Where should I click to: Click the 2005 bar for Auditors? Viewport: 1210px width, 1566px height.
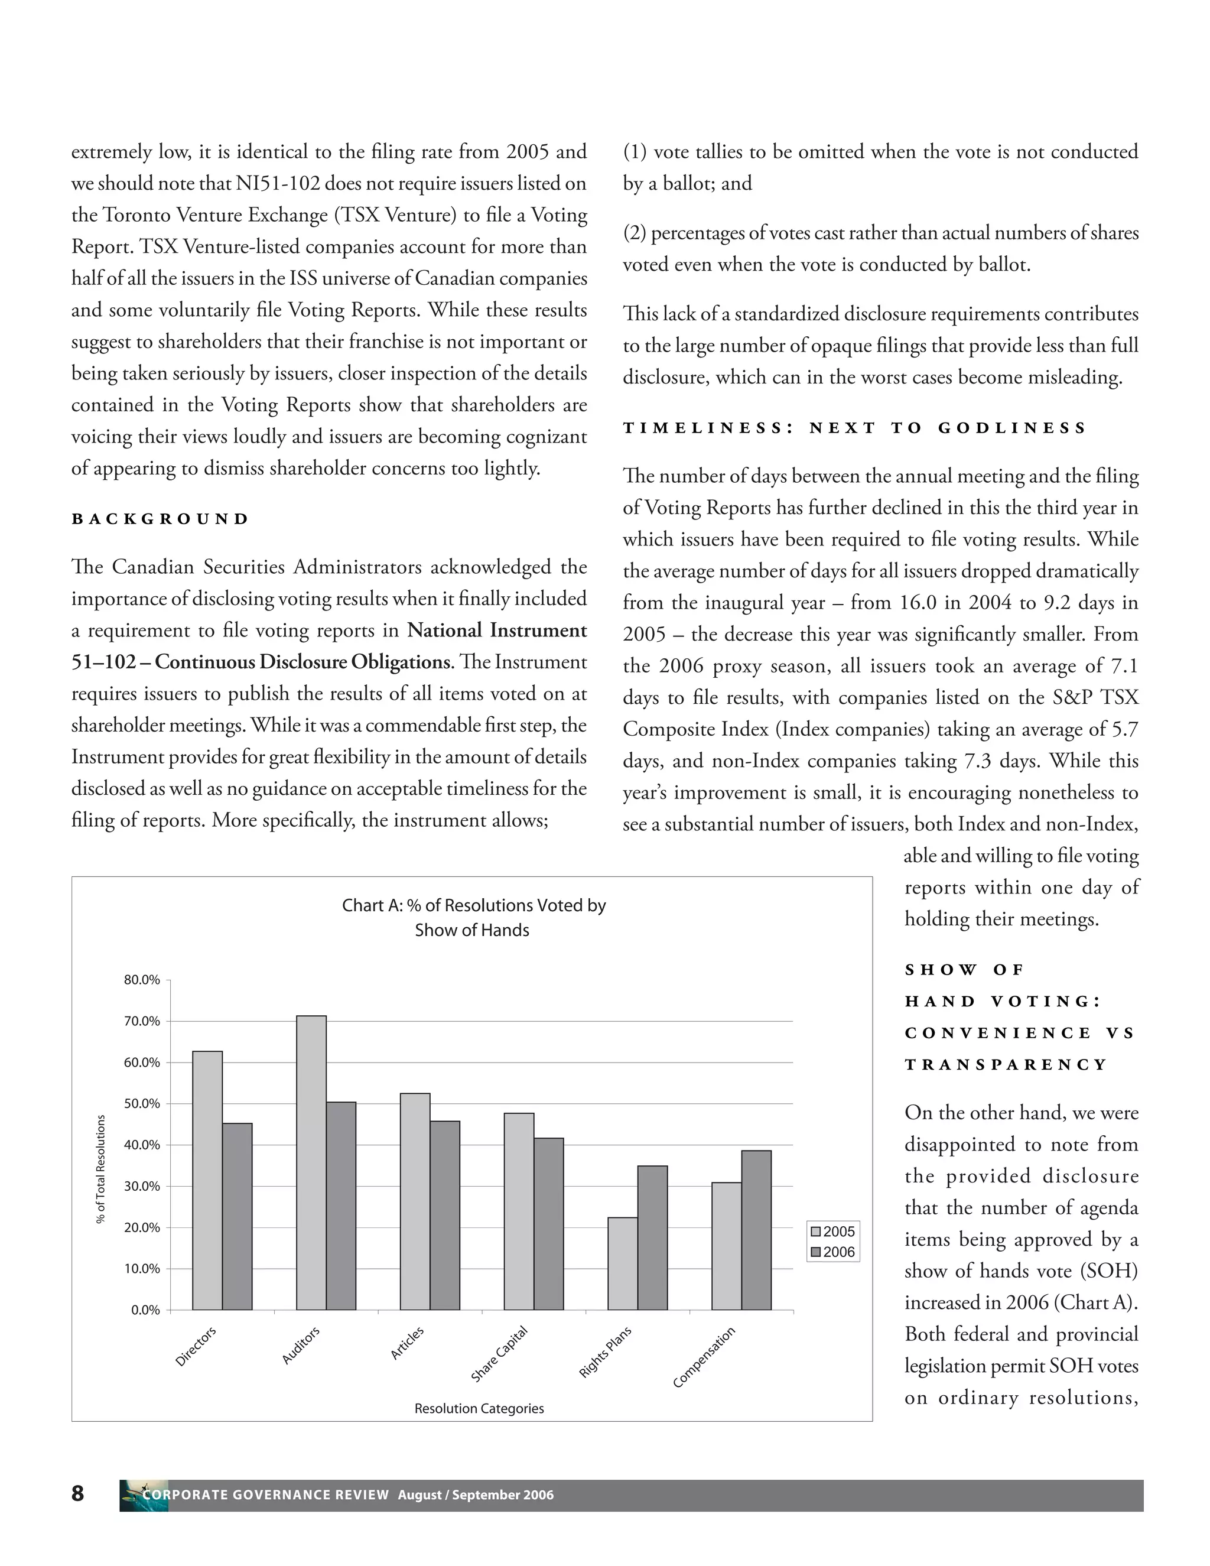pyautogui.click(x=311, y=1163)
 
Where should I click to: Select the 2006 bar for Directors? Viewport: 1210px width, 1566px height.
pyautogui.click(x=238, y=1217)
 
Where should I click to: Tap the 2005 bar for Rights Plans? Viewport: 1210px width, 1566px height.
pyautogui.click(x=623, y=1263)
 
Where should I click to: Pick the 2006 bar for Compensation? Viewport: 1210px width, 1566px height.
pyautogui.click(x=756, y=1230)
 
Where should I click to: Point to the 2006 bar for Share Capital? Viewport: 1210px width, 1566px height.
pyautogui.click(x=548, y=1224)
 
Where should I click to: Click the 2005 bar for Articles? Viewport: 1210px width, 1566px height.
pyautogui.click(x=415, y=1202)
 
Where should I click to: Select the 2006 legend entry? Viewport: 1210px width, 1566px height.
pyautogui.click(x=832, y=1252)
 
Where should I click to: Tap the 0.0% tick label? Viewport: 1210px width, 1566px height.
pyautogui.click(x=145, y=1310)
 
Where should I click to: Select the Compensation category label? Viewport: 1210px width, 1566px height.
pyautogui.click(x=704, y=1357)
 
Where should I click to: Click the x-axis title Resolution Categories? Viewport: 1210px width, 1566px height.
pyautogui.click(x=479, y=1408)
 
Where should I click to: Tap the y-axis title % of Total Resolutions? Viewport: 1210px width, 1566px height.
pyautogui.click(x=101, y=1169)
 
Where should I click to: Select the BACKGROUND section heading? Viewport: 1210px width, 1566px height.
pyautogui.click(x=160, y=519)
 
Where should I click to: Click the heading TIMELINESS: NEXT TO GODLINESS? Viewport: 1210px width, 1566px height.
pyautogui.click(x=854, y=428)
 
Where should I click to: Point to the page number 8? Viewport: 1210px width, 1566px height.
pyautogui.click(x=77, y=1493)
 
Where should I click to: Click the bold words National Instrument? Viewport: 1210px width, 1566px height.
pyautogui.click(x=497, y=631)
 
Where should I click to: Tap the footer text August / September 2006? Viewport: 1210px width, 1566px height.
pyautogui.click(x=476, y=1495)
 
